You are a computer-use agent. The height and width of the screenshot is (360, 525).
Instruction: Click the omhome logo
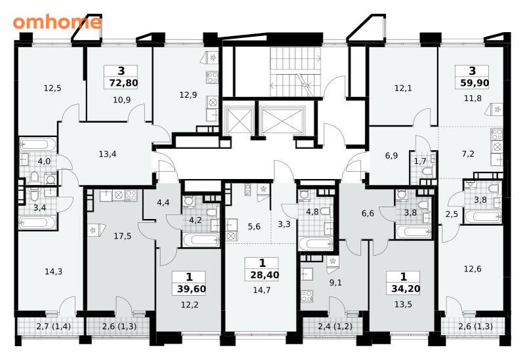57,22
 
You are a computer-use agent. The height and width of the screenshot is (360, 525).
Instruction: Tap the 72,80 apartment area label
123,83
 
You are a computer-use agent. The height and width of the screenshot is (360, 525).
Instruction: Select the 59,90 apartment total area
474,83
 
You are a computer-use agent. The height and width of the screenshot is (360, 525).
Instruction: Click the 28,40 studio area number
264,275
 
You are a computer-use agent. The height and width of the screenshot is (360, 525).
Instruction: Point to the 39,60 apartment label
192,289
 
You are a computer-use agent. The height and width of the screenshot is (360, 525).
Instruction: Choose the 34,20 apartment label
406,289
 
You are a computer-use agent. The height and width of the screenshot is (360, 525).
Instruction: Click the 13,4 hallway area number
108,154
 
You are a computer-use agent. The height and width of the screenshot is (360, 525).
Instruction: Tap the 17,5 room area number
123,236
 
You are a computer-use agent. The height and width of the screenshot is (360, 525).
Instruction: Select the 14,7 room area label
261,290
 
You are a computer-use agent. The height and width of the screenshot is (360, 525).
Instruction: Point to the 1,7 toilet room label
420,161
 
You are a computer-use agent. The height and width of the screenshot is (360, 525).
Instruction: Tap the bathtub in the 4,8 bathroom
315,244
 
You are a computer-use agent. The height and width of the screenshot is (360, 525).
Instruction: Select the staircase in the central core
295,71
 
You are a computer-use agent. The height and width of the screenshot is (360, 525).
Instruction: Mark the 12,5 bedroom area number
52,89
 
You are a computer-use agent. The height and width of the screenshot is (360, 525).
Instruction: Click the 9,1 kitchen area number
335,283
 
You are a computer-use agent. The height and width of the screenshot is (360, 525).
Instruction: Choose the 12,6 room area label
472,269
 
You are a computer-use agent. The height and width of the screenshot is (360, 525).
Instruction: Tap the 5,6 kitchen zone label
254,226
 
